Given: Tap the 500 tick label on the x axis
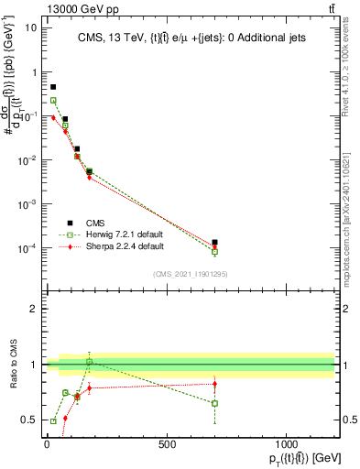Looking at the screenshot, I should tap(166, 446).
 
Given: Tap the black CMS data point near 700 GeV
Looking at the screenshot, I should tap(214, 243).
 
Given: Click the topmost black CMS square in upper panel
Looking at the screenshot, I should tap(53, 87).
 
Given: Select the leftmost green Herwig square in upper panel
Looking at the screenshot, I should tap(53, 101).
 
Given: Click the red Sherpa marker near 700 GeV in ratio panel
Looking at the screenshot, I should tap(214, 384).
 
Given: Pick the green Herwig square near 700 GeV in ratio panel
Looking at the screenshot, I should tap(214, 403).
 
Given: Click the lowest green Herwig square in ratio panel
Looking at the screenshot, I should tap(53, 421).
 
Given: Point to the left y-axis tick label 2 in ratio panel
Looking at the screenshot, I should tap(36, 309).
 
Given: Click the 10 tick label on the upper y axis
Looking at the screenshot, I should tap(30, 27).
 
